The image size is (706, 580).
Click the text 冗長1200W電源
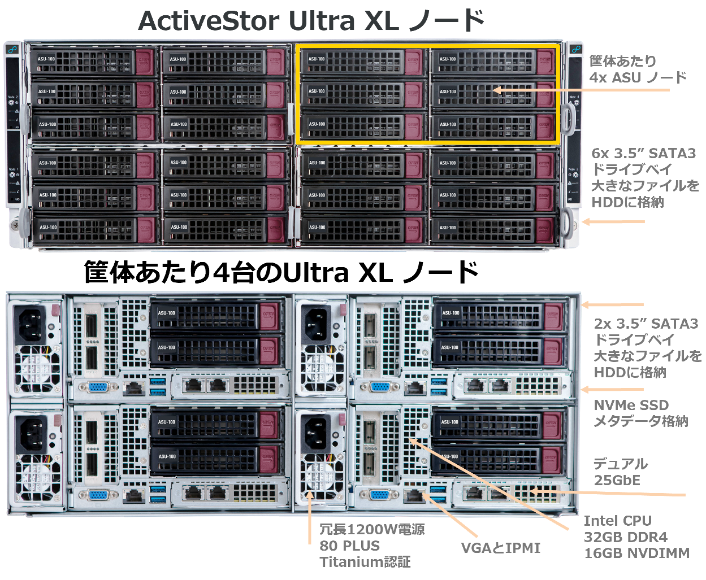pos(371,530)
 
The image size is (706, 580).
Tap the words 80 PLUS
pos(349,546)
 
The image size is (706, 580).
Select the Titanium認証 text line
pos(365,562)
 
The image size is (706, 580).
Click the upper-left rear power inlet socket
pos(33,324)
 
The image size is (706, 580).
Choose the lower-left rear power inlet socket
pos(33,433)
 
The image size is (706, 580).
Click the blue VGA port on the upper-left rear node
pos(98,387)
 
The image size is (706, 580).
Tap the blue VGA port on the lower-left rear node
pos(98,495)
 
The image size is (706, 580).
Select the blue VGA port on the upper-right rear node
pos(383,387)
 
